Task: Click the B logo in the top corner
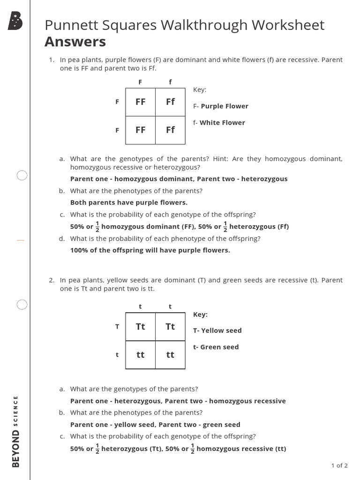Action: click(x=15, y=22)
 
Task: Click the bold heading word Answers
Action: click(x=75, y=42)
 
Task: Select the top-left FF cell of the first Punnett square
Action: click(x=140, y=102)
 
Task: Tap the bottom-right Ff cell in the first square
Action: click(x=170, y=130)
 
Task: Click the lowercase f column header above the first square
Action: click(x=170, y=82)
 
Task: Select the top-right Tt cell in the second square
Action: click(x=170, y=327)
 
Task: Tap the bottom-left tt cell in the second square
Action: click(x=140, y=355)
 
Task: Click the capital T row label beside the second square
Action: click(x=117, y=327)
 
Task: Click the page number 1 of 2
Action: click(x=339, y=465)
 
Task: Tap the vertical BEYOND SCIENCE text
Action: click(x=16, y=431)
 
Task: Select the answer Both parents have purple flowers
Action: click(x=128, y=202)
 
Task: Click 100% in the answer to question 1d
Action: click(x=78, y=250)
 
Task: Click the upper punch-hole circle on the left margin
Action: click(x=22, y=176)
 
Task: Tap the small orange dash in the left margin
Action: click(x=20, y=240)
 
